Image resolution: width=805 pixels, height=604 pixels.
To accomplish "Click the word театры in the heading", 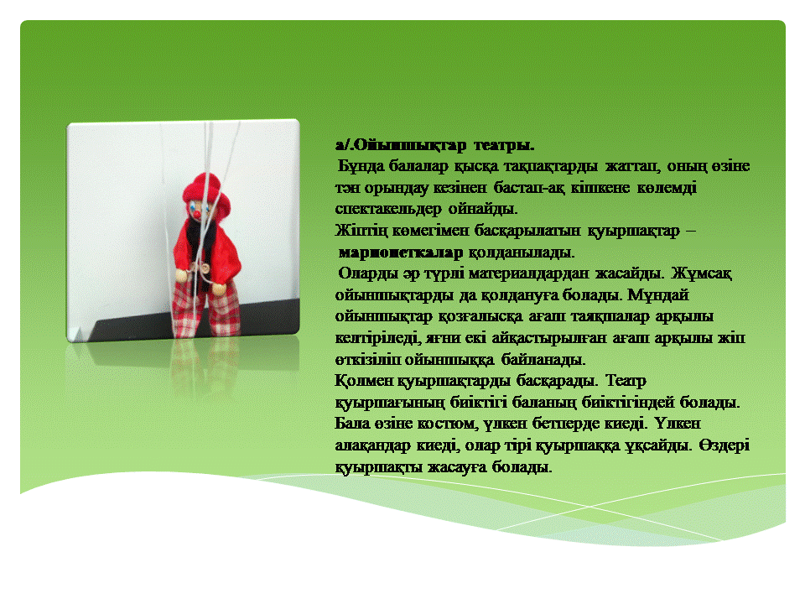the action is click(x=504, y=145).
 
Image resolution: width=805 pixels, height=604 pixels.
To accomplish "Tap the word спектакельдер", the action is click(x=388, y=209).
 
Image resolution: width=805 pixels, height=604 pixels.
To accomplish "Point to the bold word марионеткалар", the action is click(x=401, y=253).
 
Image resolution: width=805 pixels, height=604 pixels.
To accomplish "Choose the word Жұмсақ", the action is click(x=701, y=273).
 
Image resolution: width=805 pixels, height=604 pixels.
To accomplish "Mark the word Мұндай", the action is click(x=657, y=295).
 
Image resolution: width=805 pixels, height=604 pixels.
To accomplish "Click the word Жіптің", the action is click(x=361, y=231).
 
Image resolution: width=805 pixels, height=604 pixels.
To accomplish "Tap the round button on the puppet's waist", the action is click(x=205, y=268).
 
